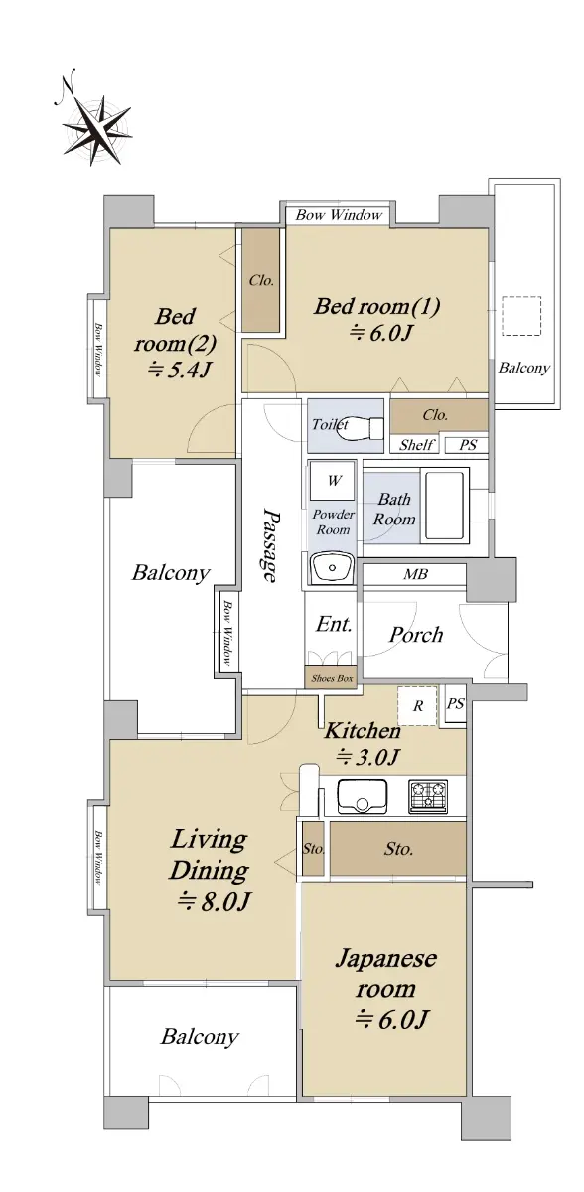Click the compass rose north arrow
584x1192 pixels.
coord(95,128)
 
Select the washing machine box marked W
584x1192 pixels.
coord(333,481)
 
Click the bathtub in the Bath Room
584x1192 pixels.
coord(445,505)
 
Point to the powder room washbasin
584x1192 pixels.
coord(333,568)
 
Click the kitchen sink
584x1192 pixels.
coord(363,797)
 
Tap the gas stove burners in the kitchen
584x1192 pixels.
coord(428,796)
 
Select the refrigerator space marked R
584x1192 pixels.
coord(417,705)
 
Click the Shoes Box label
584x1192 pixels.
coord(332,678)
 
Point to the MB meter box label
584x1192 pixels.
coord(416,574)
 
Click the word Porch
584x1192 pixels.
coord(416,635)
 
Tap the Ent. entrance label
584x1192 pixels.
coord(334,624)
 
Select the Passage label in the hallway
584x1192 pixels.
coord(270,545)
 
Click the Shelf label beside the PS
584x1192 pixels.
coord(417,444)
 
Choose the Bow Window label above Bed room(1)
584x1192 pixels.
coord(339,215)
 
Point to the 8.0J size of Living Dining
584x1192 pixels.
coord(214,901)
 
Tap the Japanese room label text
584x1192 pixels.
coord(386,973)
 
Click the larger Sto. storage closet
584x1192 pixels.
coord(398,848)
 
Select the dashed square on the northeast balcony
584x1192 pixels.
coord(521,316)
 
